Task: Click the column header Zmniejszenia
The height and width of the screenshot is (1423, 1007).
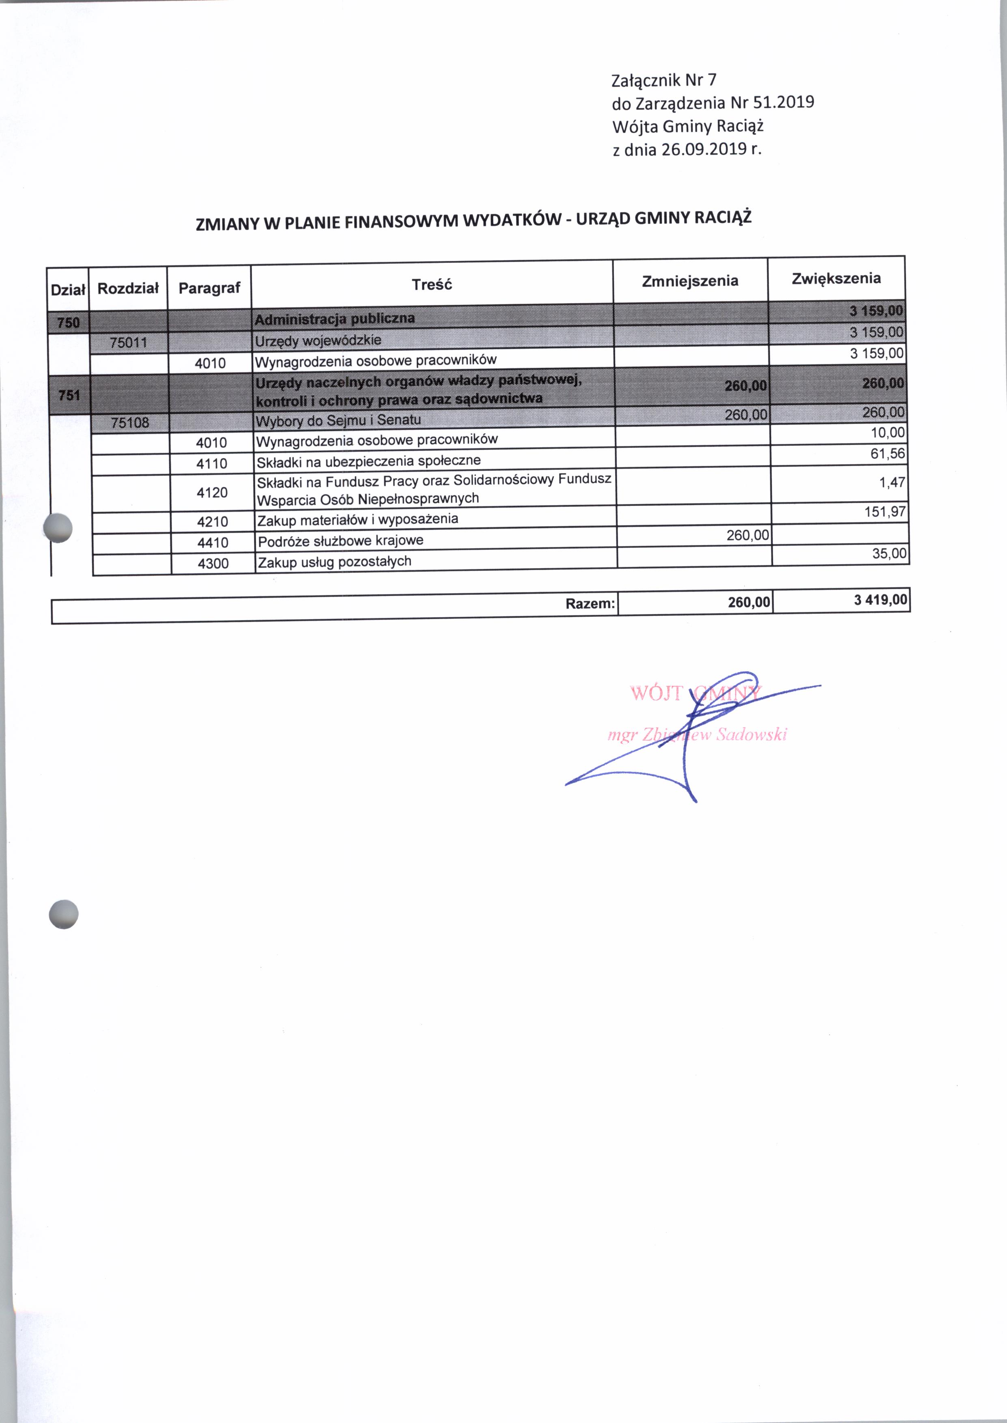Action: click(689, 281)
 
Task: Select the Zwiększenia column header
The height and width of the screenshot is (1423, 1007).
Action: click(836, 278)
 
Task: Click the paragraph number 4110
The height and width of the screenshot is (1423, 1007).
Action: click(212, 464)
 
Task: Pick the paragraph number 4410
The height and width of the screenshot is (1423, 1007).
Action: click(213, 543)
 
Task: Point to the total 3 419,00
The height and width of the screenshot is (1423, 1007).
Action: click(880, 599)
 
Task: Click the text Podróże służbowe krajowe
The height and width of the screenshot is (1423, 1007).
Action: click(340, 541)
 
